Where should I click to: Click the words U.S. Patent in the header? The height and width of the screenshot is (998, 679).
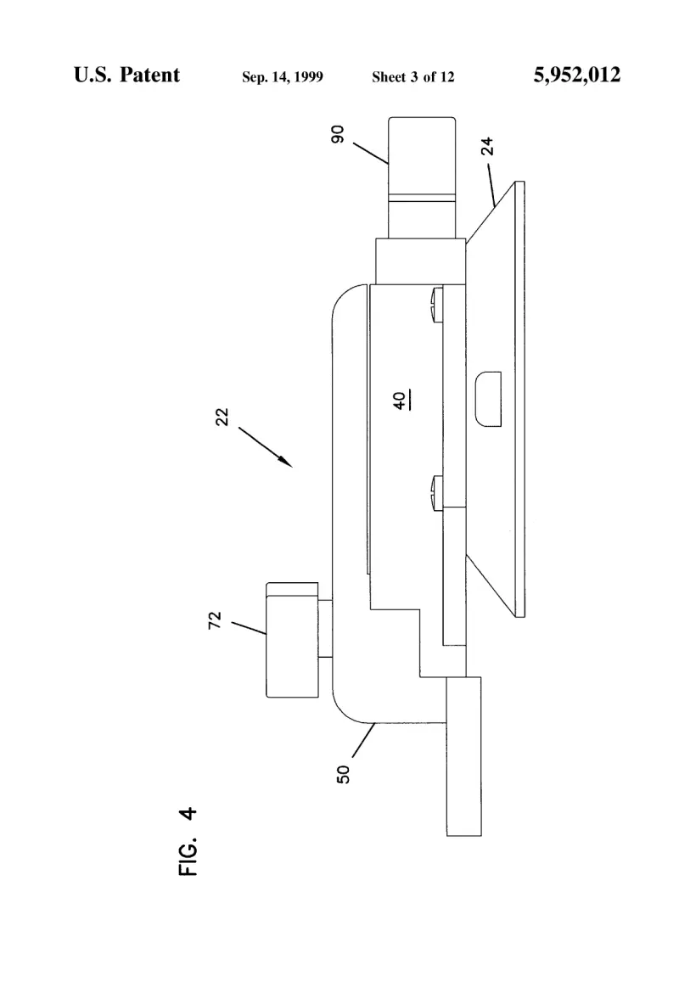(x=126, y=75)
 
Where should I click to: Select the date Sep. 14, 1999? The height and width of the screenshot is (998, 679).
(x=282, y=77)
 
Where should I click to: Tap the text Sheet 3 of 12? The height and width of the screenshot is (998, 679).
(x=413, y=77)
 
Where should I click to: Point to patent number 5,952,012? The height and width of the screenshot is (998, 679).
(x=576, y=75)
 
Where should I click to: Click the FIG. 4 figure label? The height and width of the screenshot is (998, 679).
(x=188, y=842)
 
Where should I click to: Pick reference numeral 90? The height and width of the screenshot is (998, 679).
(x=337, y=134)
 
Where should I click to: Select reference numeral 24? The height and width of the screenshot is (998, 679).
(x=487, y=146)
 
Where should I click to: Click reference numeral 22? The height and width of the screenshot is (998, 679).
(x=222, y=417)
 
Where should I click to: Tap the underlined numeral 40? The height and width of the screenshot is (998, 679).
(x=401, y=401)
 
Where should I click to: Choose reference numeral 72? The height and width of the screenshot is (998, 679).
(x=215, y=620)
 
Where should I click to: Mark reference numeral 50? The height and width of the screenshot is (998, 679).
(x=344, y=774)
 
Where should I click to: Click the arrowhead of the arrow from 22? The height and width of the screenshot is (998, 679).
(x=287, y=463)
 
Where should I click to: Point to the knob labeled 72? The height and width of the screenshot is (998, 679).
(x=292, y=640)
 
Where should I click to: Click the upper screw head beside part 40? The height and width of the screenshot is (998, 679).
(x=436, y=305)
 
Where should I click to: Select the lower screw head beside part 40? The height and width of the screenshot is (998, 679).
(x=436, y=492)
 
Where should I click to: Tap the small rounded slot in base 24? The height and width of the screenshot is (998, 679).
(x=488, y=399)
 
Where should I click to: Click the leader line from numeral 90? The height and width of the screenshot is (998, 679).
(x=371, y=154)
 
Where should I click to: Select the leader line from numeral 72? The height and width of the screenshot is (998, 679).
(x=248, y=628)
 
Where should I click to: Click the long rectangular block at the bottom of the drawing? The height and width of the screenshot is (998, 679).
(x=464, y=756)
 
